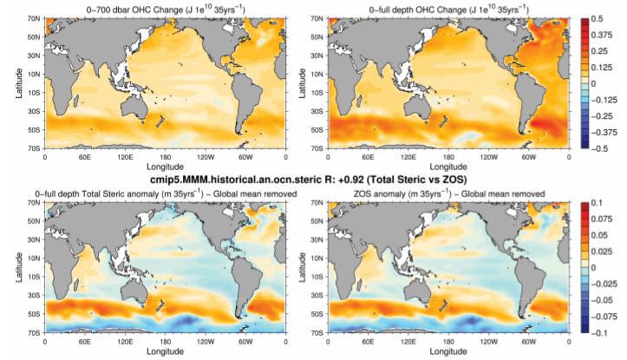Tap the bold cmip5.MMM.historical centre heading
[313, 179]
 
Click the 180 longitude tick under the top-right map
[449, 158]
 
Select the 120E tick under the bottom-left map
[125, 342]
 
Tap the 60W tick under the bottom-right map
[529, 342]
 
